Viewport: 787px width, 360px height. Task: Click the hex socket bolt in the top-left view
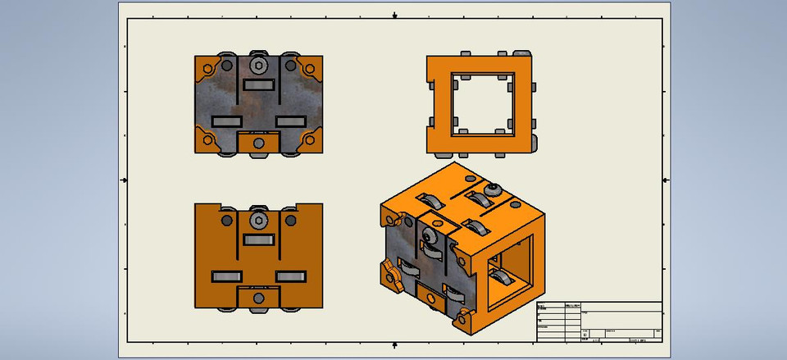tap(258, 66)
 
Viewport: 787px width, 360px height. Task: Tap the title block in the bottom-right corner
tap(598, 321)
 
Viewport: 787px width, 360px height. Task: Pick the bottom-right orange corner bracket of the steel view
tap(309, 139)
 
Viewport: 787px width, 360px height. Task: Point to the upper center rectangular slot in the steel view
tap(258, 84)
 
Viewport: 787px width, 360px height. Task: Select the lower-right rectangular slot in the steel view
tap(290, 121)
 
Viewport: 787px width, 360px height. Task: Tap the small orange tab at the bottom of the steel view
tap(258, 143)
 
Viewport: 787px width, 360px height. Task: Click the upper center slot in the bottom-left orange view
tap(258, 239)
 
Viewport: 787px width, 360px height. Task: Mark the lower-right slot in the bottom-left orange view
tap(290, 276)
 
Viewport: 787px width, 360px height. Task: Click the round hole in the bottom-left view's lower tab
tap(258, 298)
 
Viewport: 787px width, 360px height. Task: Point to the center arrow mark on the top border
tap(395, 15)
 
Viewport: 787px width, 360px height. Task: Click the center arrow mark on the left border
tap(124, 179)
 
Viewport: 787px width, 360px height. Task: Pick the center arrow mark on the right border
tap(666, 179)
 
